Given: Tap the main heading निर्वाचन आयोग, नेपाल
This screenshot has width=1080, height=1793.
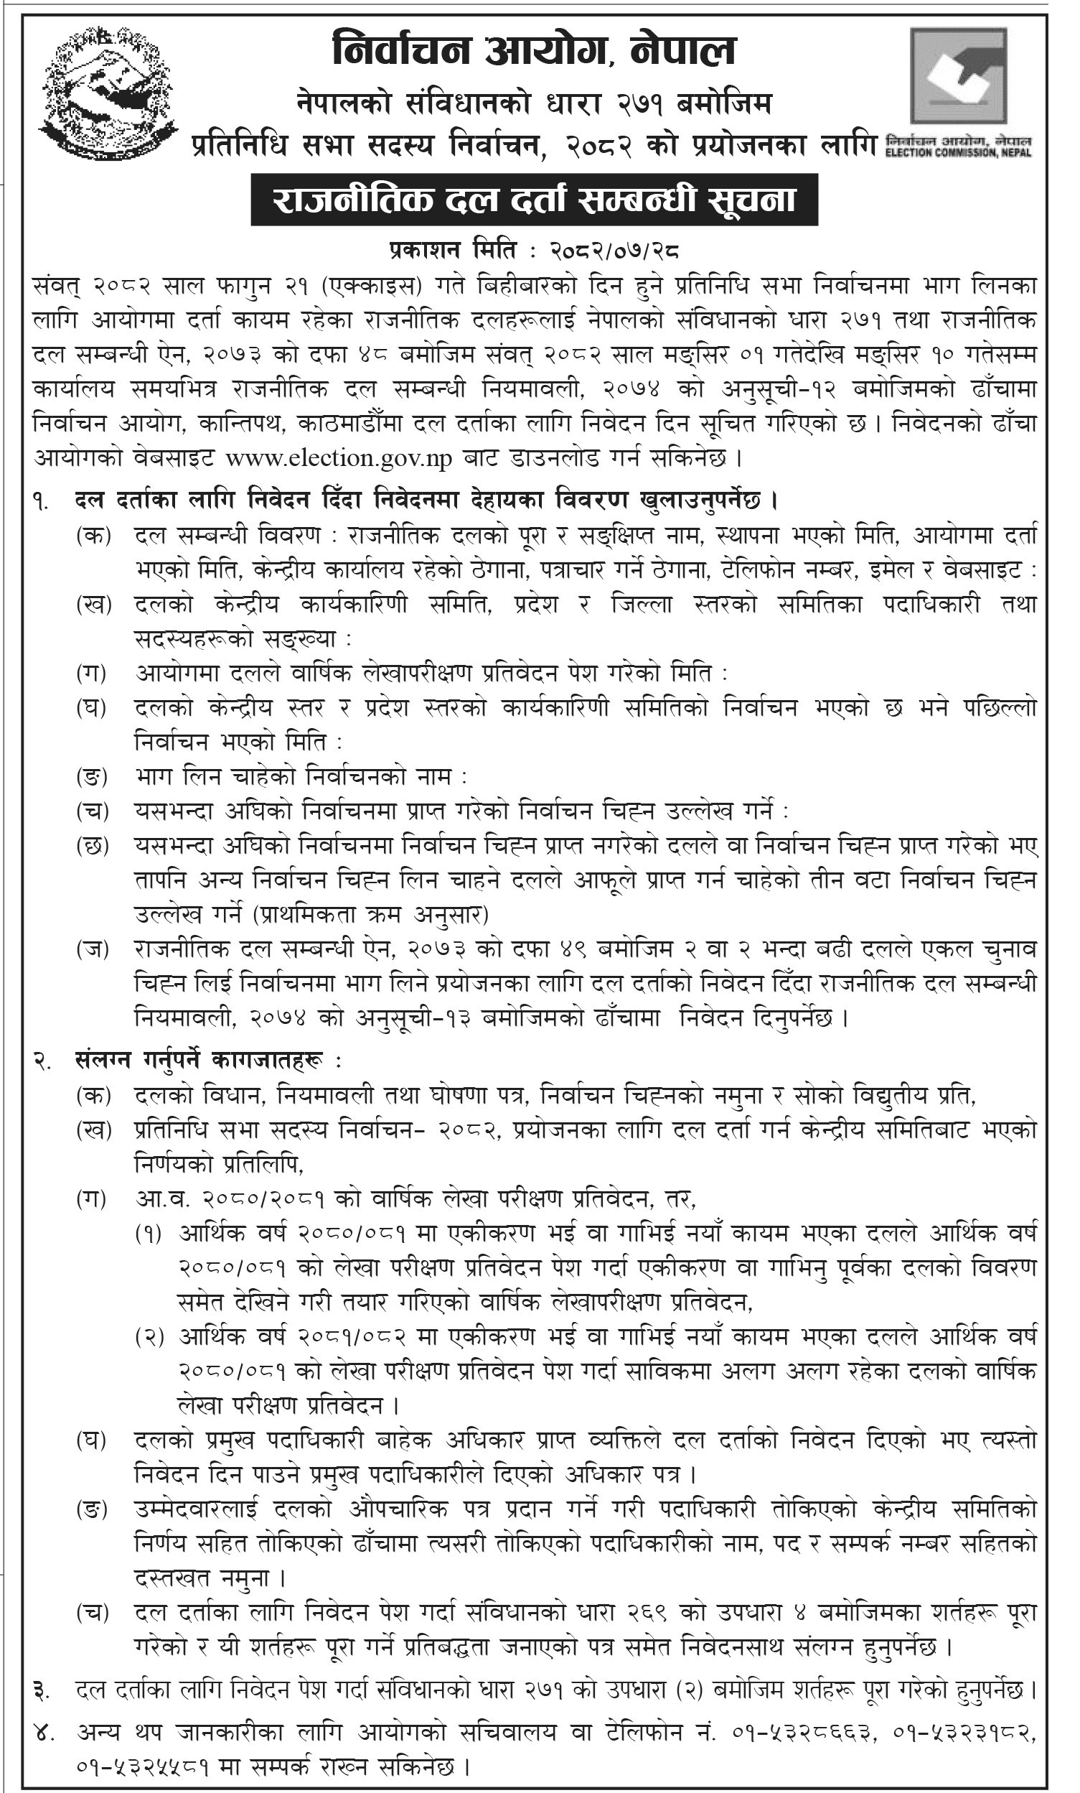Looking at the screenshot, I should pos(534,52).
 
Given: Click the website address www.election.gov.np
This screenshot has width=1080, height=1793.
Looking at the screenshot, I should pos(338,459).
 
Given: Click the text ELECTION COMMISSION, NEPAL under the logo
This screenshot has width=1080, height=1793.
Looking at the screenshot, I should pos(958,152).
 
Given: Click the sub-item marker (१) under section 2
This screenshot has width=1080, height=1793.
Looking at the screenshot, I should pos(149,1234).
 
